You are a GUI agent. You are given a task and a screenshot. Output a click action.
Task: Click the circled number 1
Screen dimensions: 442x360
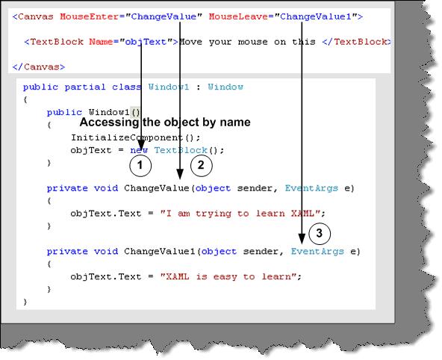point(140,166)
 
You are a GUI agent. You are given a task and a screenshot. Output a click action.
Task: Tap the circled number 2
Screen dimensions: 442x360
point(202,165)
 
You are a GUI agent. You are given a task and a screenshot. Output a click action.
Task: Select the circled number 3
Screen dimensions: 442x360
point(320,234)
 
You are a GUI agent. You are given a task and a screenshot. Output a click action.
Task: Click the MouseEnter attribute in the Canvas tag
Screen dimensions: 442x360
point(90,16)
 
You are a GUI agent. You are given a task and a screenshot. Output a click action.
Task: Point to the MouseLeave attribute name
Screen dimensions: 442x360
point(238,16)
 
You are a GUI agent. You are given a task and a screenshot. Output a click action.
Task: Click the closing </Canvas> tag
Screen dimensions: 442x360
point(39,66)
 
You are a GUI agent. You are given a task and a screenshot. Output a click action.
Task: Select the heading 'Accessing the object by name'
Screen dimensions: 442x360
point(165,122)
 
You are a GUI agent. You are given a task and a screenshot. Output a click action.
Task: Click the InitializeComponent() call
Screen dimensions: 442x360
point(136,137)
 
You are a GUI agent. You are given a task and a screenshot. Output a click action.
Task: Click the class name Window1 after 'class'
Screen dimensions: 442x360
point(169,87)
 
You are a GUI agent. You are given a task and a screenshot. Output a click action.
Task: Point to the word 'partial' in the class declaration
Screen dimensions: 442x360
point(85,87)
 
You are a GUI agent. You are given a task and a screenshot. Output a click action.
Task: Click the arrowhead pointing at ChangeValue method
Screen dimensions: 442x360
point(180,174)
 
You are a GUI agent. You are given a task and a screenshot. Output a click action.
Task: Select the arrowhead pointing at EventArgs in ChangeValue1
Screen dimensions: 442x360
point(302,239)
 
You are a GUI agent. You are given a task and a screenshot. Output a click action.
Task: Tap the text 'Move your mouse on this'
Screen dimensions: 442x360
point(247,42)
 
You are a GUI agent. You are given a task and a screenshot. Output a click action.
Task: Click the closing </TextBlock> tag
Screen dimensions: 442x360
point(357,42)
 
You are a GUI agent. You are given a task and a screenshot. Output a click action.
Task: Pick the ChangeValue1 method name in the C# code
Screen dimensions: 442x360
point(160,251)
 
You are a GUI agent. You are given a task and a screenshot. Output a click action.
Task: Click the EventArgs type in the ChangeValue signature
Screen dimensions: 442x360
point(311,188)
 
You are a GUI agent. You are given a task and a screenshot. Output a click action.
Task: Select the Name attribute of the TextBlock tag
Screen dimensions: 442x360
point(101,42)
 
